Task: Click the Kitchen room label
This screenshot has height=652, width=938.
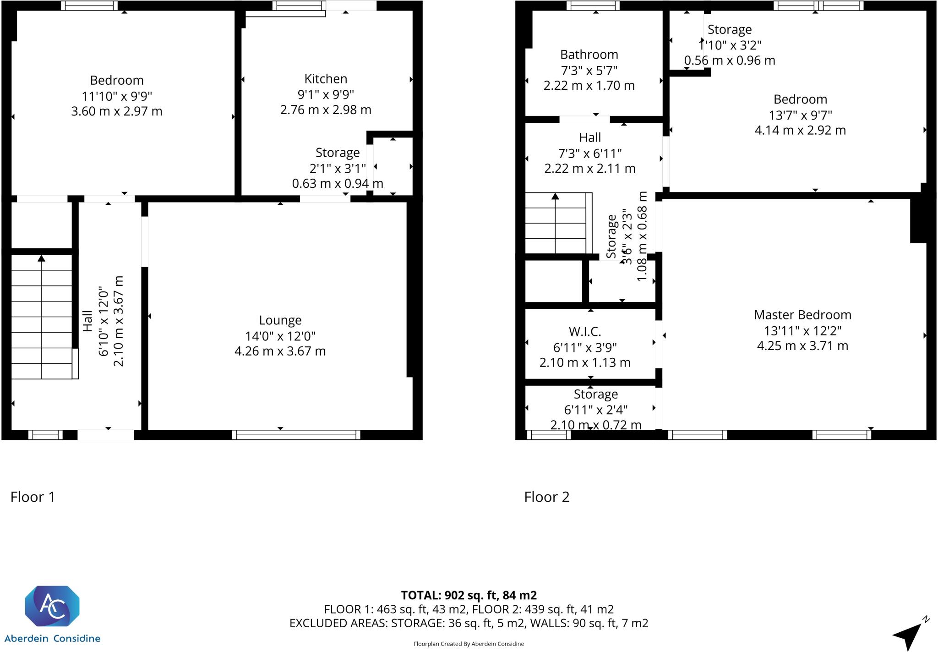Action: pos(326,79)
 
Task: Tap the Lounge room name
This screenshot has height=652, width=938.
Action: pos(280,320)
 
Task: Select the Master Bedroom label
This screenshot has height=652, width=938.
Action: pos(802,315)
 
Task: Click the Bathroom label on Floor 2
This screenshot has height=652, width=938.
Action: pos(589,55)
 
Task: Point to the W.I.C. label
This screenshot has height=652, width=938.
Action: pos(584,331)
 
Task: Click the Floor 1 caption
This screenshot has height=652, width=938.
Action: pos(33,497)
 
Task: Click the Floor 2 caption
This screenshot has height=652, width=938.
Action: pos(546,497)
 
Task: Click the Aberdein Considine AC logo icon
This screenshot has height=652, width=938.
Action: pos(52,606)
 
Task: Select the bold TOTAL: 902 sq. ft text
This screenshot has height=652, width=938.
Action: pos(469,595)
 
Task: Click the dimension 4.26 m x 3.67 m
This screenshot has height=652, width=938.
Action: pos(280,351)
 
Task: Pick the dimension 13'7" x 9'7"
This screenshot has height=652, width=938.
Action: pos(800,115)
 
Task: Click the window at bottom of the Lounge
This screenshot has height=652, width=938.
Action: pos(296,435)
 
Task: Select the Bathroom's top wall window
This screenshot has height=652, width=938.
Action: pos(593,5)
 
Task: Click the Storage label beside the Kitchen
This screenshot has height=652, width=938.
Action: pos(338,153)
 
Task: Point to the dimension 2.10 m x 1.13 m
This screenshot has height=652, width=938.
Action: pos(585,362)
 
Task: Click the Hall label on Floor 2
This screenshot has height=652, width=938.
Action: pos(590,137)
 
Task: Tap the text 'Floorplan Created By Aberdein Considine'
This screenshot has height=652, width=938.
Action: pos(469,644)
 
